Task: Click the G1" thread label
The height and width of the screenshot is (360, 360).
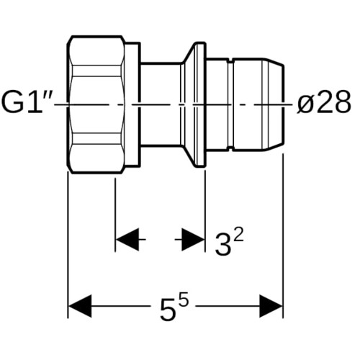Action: pyautogui.click(x=27, y=104)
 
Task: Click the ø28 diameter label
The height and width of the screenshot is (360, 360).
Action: pyautogui.click(x=324, y=103)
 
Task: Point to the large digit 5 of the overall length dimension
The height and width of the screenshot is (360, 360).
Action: pyautogui.click(x=168, y=310)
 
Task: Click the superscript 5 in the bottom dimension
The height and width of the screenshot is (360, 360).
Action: pyautogui.click(x=184, y=297)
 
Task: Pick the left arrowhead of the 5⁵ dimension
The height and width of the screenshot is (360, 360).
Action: pyautogui.click(x=80, y=307)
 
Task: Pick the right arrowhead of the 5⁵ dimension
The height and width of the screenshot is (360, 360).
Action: pyautogui.click(x=271, y=307)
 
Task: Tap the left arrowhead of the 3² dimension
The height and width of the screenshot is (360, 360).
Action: pyautogui.click(x=127, y=240)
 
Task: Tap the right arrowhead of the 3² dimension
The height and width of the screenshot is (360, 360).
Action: pyautogui.click(x=193, y=240)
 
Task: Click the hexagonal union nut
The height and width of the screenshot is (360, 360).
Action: pyautogui.click(x=96, y=104)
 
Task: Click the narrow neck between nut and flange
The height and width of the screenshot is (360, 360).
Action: pyautogui.click(x=161, y=104)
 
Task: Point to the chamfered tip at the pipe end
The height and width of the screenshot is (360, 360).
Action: pyautogui.click(x=274, y=104)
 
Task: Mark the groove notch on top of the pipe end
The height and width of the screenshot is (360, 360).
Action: pyautogui.click(x=230, y=60)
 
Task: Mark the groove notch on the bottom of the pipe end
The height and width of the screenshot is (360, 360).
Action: pyautogui.click(x=230, y=149)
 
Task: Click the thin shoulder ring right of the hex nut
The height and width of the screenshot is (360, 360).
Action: pyautogui.click(x=132, y=104)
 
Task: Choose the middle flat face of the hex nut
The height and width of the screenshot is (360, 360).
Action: pyautogui.click(x=96, y=104)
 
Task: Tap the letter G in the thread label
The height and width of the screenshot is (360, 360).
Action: pyautogui.click(x=12, y=104)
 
